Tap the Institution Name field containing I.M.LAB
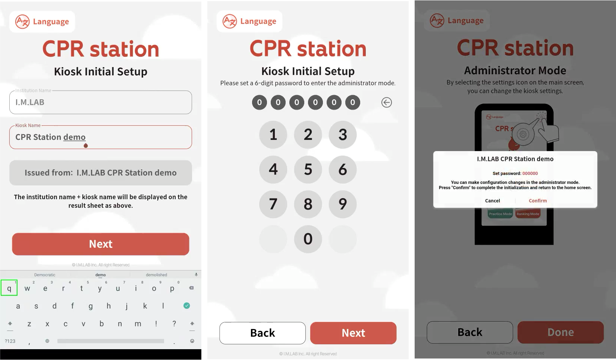pos(101,102)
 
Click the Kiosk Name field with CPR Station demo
pos(101,137)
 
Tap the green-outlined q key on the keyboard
pos(9,288)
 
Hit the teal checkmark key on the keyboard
pos(186,306)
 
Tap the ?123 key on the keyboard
pos(10,341)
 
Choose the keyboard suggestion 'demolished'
pos(157,275)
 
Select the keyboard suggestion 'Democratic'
pos(44,275)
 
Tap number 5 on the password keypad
pos(308,169)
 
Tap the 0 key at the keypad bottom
pos(308,239)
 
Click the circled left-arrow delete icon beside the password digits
pos(386,102)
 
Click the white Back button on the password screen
pos(263,333)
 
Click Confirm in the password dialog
pos(538,201)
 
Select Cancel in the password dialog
pos(492,201)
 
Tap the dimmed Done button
pos(560,332)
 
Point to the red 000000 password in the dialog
pos(530,173)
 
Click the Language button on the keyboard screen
pos(42,22)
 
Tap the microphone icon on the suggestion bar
pos(196,275)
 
